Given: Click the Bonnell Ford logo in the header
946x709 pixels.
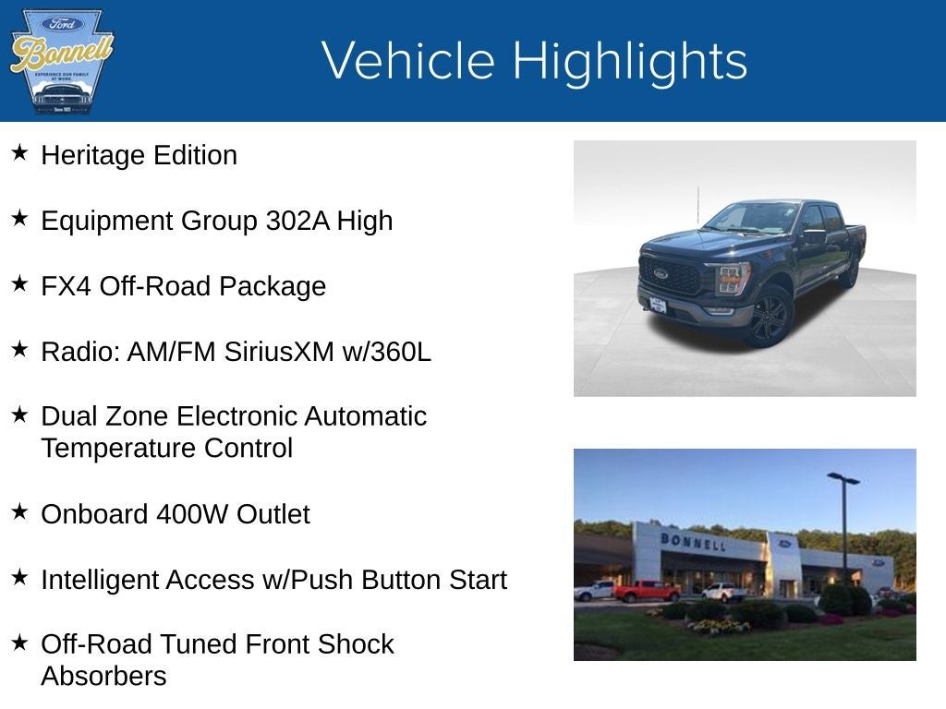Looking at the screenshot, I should point(61,62).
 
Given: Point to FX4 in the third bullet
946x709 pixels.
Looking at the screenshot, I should point(66,286).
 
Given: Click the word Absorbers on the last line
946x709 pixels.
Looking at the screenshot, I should point(103,677).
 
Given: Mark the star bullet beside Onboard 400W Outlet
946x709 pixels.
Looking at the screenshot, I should point(19,511).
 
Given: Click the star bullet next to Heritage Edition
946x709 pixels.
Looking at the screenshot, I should point(19,152).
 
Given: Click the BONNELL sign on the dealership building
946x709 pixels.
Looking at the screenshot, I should point(692,541).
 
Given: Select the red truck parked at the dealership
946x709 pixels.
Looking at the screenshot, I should point(646,590).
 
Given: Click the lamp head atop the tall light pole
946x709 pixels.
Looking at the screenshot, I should point(843,478).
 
